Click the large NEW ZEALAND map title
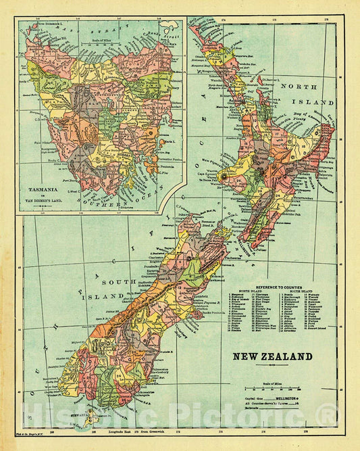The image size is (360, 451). coord(272,356)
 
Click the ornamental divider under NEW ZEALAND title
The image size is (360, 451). coord(272,366)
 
